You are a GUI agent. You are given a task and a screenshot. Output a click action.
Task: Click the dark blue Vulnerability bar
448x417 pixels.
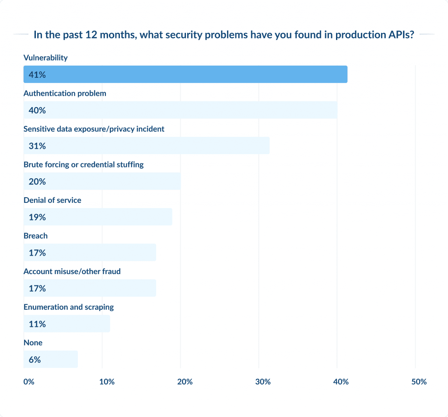click(185, 74)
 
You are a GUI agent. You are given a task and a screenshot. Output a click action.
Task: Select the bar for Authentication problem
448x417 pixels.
click(180, 110)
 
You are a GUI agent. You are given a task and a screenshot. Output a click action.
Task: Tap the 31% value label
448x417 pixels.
click(37, 146)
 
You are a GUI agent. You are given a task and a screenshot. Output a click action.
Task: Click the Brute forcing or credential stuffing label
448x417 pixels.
click(84, 164)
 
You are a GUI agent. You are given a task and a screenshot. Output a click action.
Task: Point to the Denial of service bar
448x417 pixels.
click(98, 217)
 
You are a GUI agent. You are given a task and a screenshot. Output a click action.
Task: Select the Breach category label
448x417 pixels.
click(35, 236)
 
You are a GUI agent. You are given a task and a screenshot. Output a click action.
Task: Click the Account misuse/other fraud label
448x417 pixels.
click(72, 271)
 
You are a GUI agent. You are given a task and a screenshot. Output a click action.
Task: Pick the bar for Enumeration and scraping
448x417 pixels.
click(66, 324)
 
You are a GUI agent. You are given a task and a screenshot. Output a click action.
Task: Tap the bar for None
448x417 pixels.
click(51, 360)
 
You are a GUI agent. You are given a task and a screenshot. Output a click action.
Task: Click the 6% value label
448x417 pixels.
click(35, 360)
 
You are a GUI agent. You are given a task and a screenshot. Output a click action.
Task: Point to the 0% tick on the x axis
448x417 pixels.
click(29, 382)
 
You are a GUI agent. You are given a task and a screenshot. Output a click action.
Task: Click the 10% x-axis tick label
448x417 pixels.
click(107, 382)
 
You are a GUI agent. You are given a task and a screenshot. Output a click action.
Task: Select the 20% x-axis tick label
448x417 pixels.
click(185, 382)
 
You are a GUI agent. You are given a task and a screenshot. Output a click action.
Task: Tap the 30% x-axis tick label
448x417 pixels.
click(263, 382)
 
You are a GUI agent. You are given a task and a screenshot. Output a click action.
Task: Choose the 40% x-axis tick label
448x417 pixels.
click(341, 382)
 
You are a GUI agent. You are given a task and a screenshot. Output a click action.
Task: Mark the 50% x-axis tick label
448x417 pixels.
click(419, 382)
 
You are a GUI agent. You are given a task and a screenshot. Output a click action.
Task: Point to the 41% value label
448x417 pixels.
click(37, 75)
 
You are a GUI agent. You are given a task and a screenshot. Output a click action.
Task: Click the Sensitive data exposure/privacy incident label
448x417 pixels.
click(94, 129)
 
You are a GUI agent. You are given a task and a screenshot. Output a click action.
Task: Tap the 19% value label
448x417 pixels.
click(37, 217)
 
